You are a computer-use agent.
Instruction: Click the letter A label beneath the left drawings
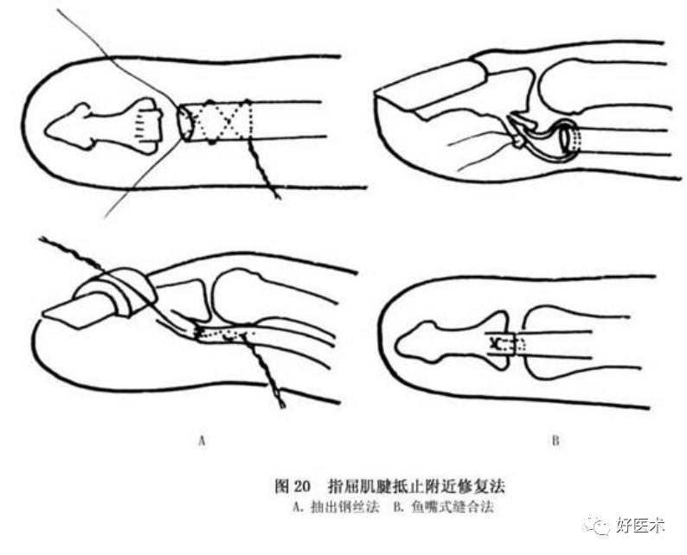[202, 441]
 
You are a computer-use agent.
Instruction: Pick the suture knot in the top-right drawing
[517, 138]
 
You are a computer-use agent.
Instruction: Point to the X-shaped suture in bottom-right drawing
[497, 344]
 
